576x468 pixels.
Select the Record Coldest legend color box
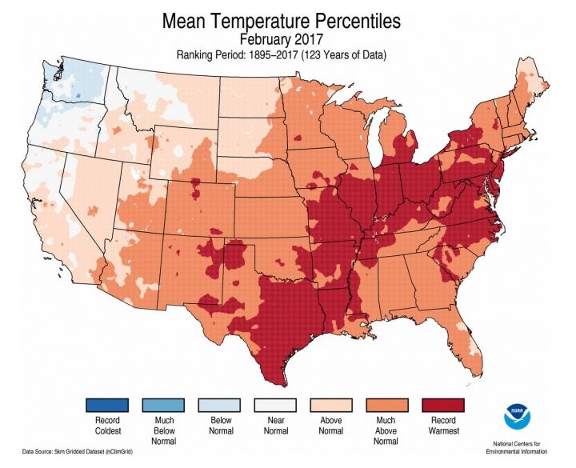coord(107,406)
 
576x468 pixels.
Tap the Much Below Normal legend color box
coord(162,406)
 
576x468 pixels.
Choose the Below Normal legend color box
coord(218,406)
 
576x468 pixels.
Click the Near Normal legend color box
coord(274,406)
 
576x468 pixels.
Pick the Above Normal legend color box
coord(330,406)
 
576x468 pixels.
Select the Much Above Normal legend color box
coord(386,406)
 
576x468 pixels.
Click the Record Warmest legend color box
coord(442,406)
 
